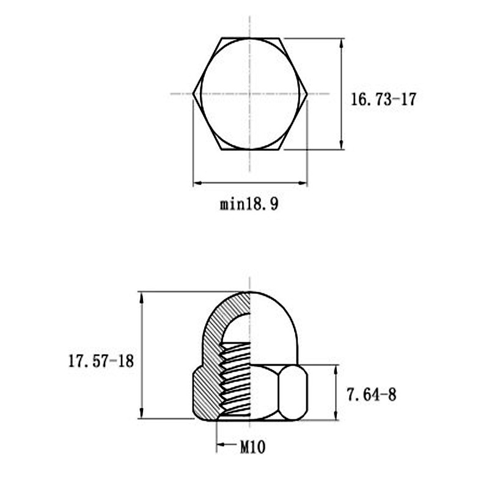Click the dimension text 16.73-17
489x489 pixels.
[x=383, y=100]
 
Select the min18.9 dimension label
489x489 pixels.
[x=249, y=204]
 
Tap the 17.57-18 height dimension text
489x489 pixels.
[x=101, y=361]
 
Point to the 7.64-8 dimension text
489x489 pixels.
[x=372, y=395]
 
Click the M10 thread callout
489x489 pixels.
[x=252, y=447]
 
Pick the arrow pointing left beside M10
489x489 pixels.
[x=222, y=444]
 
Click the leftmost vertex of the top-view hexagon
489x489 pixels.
[x=193, y=94]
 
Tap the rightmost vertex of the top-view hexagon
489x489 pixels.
[x=306, y=94]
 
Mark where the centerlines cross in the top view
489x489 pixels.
[x=249, y=94]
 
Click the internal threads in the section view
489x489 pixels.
[x=235, y=379]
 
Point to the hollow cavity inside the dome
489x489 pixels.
[x=237, y=324]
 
